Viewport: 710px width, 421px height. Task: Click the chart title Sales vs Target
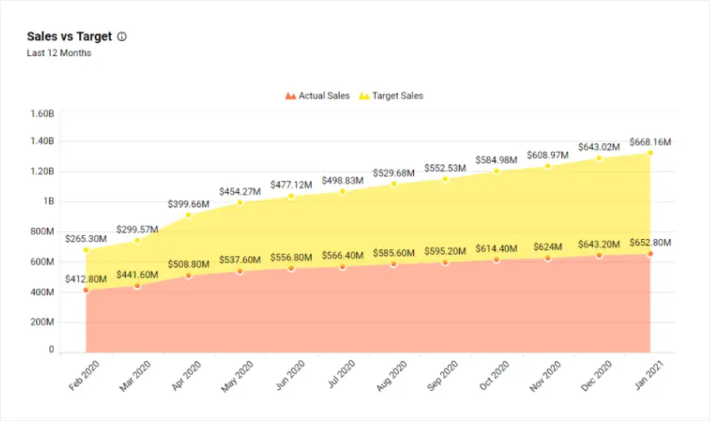click(x=69, y=36)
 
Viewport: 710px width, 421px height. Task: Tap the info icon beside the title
click(x=122, y=36)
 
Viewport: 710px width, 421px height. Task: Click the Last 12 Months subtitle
click(x=59, y=53)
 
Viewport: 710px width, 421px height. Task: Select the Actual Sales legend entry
click(x=317, y=96)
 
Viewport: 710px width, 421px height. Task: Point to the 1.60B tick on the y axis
click(x=41, y=113)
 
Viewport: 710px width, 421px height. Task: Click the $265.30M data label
click(x=86, y=238)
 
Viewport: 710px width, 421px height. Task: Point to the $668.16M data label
click(x=650, y=142)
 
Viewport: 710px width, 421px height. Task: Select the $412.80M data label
click(x=86, y=279)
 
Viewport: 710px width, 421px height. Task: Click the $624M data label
click(x=548, y=246)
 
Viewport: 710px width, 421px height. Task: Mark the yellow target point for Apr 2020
click(x=188, y=215)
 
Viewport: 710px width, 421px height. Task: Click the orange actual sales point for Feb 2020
click(x=86, y=290)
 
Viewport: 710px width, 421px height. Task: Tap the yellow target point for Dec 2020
click(x=599, y=158)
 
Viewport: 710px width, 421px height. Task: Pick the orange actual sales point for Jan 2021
click(x=650, y=253)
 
